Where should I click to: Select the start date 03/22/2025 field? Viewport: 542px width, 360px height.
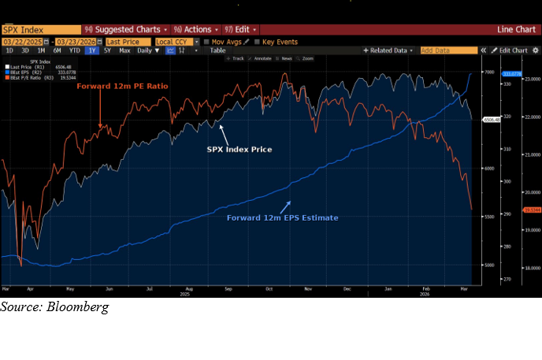[24, 41]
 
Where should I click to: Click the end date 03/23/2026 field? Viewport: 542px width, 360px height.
[77, 41]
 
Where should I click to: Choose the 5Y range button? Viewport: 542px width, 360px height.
[107, 50]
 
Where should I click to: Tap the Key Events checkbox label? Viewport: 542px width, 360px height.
[280, 41]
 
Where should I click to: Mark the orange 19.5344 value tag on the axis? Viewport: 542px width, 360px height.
[512, 210]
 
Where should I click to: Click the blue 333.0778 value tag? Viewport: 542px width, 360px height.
[511, 73]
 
